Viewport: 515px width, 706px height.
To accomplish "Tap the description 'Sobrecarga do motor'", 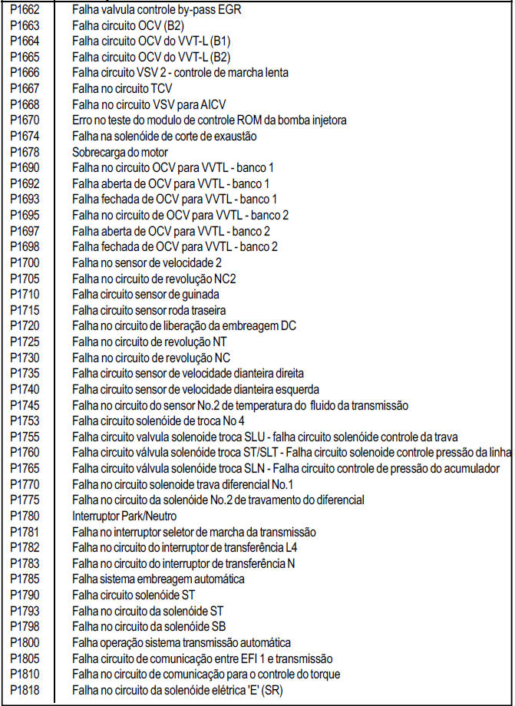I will [x=120, y=152].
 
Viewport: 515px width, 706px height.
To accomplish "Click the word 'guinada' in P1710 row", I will [x=203, y=294].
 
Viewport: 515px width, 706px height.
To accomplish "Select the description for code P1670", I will [x=210, y=120].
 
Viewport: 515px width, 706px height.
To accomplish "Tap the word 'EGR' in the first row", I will [x=239, y=9].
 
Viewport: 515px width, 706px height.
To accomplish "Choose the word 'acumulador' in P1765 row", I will [x=472, y=468].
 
